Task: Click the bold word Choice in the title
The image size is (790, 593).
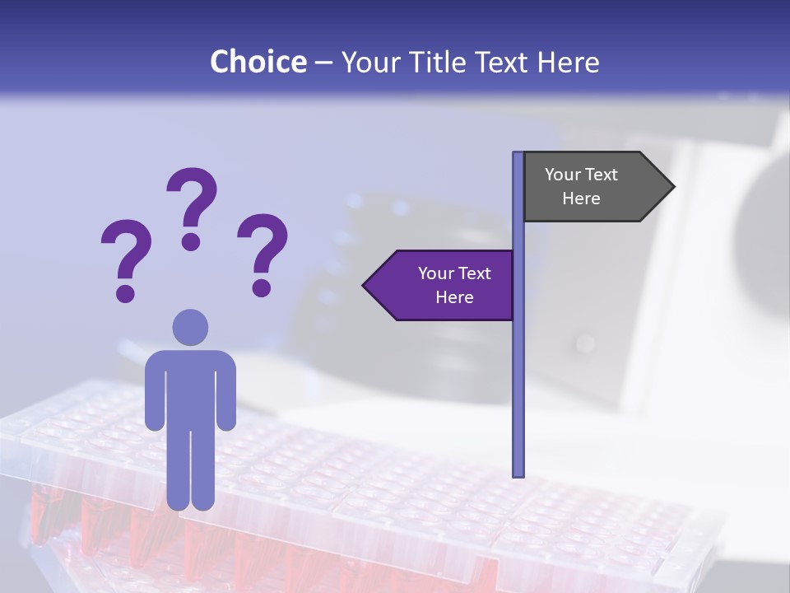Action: [x=258, y=62]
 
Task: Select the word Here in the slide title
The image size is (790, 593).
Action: [x=568, y=62]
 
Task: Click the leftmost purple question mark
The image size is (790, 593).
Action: [x=126, y=259]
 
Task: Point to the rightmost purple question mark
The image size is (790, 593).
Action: [x=263, y=253]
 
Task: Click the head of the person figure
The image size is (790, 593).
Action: [x=190, y=328]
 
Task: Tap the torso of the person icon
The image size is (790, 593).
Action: [x=190, y=387]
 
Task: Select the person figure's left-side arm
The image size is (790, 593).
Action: [x=154, y=395]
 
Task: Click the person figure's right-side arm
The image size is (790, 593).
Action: [x=226, y=395]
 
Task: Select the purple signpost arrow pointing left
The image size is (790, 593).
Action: [x=444, y=286]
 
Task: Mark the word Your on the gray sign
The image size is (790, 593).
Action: [x=563, y=175]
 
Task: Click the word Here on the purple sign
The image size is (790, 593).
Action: [x=454, y=297]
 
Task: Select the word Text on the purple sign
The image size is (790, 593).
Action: [x=472, y=273]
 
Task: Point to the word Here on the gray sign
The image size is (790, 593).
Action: [x=581, y=198]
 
